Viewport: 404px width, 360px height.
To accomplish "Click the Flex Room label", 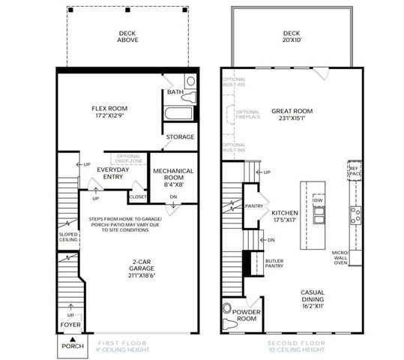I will (x=109, y=112).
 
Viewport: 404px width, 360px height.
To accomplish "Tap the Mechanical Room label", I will (x=173, y=177).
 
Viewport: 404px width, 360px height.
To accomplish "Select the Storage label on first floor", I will (x=180, y=137).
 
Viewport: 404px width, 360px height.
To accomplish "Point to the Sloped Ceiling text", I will (x=68, y=238).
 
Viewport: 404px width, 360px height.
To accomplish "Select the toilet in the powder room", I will (x=228, y=308).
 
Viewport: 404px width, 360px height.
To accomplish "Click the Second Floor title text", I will (x=298, y=346).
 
